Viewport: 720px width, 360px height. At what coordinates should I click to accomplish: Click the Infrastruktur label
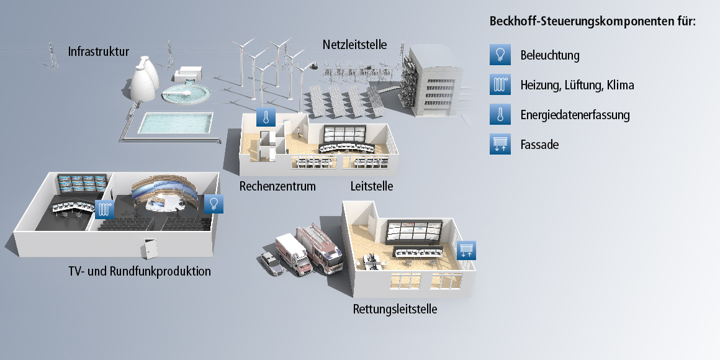(x=99, y=52)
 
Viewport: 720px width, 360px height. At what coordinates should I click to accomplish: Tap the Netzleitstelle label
(x=354, y=45)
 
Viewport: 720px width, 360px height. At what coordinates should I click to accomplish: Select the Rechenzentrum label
(x=277, y=186)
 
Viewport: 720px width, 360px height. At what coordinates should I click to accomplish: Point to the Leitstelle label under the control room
(x=372, y=186)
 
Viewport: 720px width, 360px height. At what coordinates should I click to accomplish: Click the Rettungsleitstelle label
(x=395, y=309)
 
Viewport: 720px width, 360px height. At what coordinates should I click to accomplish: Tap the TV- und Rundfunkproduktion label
(x=140, y=271)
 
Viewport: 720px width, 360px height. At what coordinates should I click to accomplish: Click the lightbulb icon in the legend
(x=500, y=55)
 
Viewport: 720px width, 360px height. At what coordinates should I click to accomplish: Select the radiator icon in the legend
(x=500, y=85)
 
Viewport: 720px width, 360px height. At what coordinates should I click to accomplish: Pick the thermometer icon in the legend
(x=500, y=115)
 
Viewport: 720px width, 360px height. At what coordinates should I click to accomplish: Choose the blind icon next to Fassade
(x=500, y=145)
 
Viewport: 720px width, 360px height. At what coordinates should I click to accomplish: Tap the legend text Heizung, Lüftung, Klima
(x=577, y=85)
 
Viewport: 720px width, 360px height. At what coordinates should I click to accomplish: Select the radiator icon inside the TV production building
(x=105, y=209)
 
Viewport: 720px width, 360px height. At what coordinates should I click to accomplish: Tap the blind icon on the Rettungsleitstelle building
(x=467, y=250)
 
